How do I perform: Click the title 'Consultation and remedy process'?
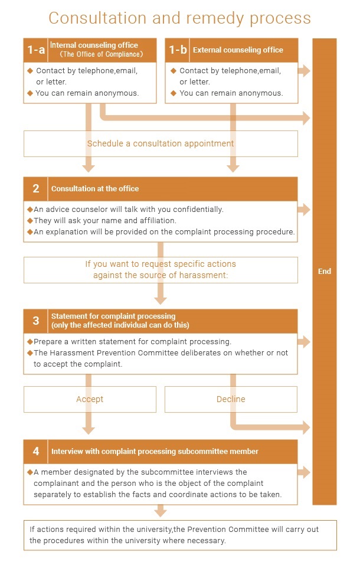179,18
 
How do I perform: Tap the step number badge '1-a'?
36,50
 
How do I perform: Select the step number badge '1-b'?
177,50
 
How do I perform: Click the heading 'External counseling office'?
238,50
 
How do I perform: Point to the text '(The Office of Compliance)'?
102,54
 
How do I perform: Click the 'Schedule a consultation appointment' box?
161,143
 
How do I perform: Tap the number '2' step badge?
36,189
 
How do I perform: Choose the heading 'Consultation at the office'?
95,189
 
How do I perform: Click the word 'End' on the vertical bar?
324,272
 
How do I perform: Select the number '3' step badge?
36,321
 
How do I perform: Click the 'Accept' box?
90,399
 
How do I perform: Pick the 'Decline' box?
231,399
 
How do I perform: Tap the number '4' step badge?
36,452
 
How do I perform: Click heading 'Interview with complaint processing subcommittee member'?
155,452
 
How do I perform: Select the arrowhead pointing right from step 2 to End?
305,209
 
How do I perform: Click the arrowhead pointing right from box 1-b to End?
305,71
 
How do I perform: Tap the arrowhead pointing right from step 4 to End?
305,472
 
